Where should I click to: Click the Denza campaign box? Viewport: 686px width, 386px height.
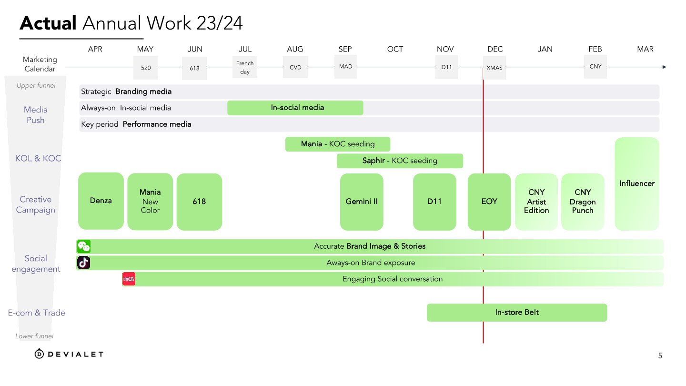(x=101, y=201)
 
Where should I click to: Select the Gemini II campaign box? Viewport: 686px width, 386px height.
(x=362, y=202)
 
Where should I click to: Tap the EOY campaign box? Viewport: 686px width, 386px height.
(x=489, y=202)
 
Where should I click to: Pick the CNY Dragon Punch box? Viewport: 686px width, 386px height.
(x=583, y=202)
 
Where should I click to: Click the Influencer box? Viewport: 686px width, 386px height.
(x=637, y=183)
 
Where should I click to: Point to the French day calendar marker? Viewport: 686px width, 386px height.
(x=245, y=67)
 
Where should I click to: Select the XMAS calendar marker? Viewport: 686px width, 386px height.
(x=494, y=68)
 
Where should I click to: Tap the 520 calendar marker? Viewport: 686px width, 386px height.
(x=146, y=68)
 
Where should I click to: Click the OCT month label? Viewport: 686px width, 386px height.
(x=395, y=49)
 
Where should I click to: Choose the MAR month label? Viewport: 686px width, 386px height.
(x=645, y=49)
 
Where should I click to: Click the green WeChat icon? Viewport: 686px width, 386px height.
(x=84, y=246)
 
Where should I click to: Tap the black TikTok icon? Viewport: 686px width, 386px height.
(x=84, y=263)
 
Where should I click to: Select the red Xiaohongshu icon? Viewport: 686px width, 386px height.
(x=129, y=279)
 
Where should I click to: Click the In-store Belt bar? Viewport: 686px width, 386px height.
(x=517, y=313)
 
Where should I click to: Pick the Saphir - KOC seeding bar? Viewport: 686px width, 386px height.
(x=400, y=161)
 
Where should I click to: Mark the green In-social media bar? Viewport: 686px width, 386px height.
(x=295, y=108)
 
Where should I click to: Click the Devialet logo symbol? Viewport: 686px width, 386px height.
(x=40, y=354)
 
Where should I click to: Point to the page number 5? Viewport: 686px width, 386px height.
(x=660, y=356)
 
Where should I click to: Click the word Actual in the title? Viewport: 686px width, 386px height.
(x=48, y=23)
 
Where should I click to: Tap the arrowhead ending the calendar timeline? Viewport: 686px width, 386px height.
(x=664, y=67)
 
